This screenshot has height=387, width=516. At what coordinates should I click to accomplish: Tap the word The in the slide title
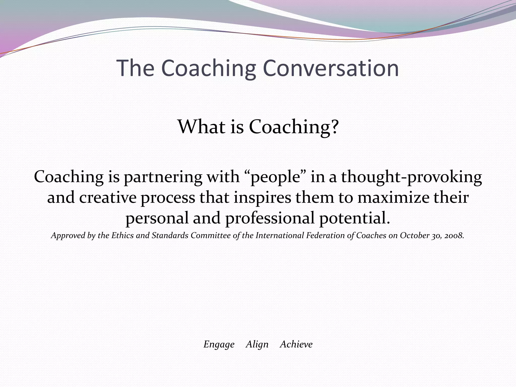(x=135, y=68)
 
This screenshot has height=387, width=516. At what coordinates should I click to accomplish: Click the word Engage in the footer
(x=219, y=344)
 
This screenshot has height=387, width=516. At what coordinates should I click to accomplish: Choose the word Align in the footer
(x=257, y=344)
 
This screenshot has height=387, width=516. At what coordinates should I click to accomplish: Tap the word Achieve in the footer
(x=296, y=344)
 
